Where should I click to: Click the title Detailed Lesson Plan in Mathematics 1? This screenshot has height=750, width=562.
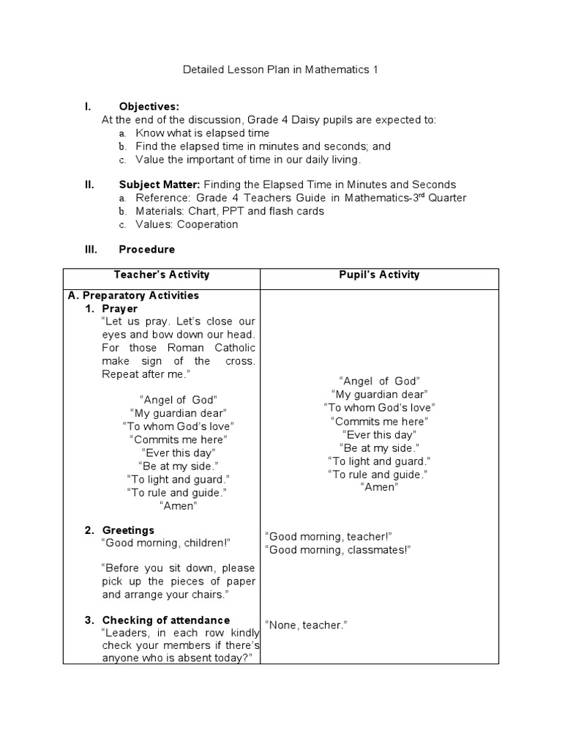point(281,70)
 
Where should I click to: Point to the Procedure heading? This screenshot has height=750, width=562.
point(146,249)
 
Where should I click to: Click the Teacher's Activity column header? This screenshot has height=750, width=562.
point(162,275)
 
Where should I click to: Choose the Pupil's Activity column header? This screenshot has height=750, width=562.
point(379,275)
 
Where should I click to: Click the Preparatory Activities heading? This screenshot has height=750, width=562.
point(133,296)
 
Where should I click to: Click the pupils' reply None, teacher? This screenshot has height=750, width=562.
point(306,625)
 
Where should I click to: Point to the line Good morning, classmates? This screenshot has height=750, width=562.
point(338,549)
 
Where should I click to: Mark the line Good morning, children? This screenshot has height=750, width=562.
point(167,543)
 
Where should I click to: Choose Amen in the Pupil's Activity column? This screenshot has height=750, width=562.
point(379,488)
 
